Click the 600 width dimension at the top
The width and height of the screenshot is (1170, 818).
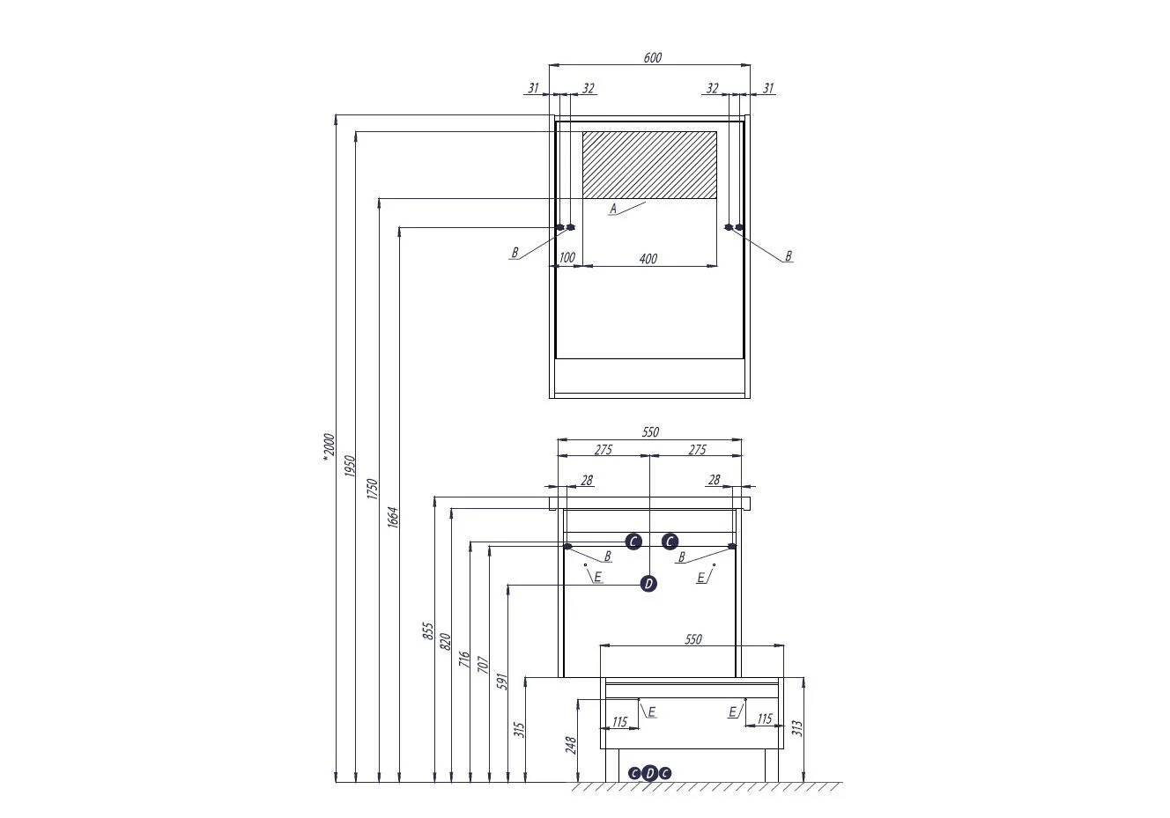pyautogui.click(x=652, y=57)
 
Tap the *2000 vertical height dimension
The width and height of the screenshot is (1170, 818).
pyautogui.click(x=329, y=447)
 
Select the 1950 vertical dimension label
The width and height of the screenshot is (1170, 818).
pyautogui.click(x=350, y=466)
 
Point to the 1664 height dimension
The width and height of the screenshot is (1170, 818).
pyautogui.click(x=393, y=517)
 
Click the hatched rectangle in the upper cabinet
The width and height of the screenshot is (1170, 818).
pyautogui.click(x=650, y=165)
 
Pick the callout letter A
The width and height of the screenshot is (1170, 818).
pyautogui.click(x=613, y=209)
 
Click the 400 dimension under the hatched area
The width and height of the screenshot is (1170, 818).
pyautogui.click(x=648, y=258)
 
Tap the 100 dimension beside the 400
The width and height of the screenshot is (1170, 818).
pyautogui.click(x=566, y=257)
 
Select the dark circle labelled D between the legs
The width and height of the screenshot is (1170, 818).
pyautogui.click(x=648, y=584)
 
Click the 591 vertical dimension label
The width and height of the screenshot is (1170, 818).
pyautogui.click(x=502, y=682)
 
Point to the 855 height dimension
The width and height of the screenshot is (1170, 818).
pyautogui.click(x=428, y=631)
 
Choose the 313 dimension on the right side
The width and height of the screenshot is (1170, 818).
pyautogui.click(x=796, y=727)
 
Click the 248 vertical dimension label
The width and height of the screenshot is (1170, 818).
pyautogui.click(x=570, y=745)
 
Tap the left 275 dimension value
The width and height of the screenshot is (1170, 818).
pyautogui.click(x=603, y=449)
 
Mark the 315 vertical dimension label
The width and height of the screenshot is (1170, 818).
pyautogui.click(x=519, y=729)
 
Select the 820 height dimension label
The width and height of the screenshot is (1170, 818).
pyautogui.click(x=445, y=642)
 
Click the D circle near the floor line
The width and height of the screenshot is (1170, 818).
pyautogui.click(x=650, y=773)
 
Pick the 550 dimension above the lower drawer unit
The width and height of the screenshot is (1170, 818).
pyautogui.click(x=693, y=639)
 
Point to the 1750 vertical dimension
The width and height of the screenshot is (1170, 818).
pyautogui.click(x=372, y=489)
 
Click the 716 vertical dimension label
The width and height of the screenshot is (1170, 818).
pyautogui.click(x=463, y=659)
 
